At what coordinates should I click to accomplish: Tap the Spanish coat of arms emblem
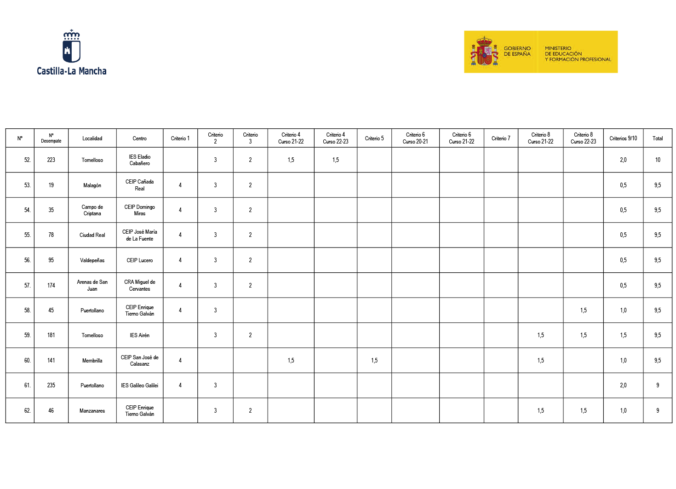pyautogui.click(x=484, y=52)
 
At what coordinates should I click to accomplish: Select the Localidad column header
pyautogui.click(x=92, y=138)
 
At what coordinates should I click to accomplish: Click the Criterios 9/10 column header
pyautogui.click(x=623, y=138)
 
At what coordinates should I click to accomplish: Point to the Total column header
pyautogui.click(x=658, y=138)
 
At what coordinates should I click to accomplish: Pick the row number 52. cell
pyautogui.click(x=28, y=160)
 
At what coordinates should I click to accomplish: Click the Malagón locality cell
pyautogui.click(x=92, y=185)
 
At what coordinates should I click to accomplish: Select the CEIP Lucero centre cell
pyautogui.click(x=140, y=260)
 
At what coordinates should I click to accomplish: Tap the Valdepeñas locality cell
pyautogui.click(x=92, y=260)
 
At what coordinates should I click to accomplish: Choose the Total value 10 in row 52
pyautogui.click(x=658, y=160)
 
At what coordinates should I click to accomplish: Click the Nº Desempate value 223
pyautogui.click(x=51, y=160)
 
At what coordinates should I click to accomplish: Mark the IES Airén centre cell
pyautogui.click(x=140, y=335)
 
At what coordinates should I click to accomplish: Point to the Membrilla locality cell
pyautogui.click(x=92, y=361)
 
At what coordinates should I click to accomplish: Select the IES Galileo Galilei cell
pyautogui.click(x=140, y=385)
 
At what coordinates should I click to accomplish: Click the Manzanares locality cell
pyautogui.click(x=92, y=411)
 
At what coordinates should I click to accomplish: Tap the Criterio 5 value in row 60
pyautogui.click(x=374, y=361)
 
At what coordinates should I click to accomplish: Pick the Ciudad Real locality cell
pyautogui.click(x=92, y=235)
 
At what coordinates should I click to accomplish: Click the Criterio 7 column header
pyautogui.click(x=501, y=138)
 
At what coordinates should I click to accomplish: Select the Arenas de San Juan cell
pyautogui.click(x=92, y=285)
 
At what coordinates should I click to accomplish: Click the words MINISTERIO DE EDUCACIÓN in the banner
pyautogui.click(x=563, y=51)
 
